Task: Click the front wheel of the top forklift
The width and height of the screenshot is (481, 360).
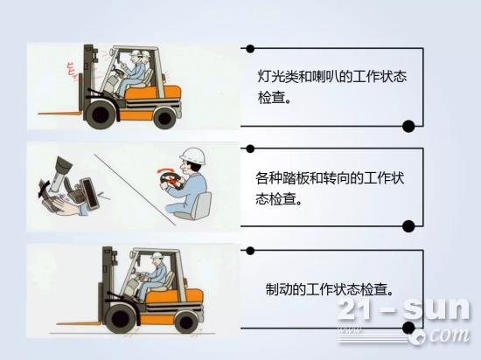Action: tap(101, 114)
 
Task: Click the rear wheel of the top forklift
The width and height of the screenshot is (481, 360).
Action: tap(164, 117)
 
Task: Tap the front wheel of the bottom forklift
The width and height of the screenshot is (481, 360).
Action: tap(120, 319)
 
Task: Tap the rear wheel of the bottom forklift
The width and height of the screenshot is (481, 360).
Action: tap(185, 322)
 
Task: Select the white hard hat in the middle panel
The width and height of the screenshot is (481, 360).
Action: tap(192, 156)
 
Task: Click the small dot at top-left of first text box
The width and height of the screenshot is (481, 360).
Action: tap(250, 48)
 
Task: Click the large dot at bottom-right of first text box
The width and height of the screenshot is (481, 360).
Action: tap(408, 126)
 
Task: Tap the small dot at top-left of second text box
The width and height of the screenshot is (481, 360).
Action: tap(250, 149)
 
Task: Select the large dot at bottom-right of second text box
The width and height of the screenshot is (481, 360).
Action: tap(408, 226)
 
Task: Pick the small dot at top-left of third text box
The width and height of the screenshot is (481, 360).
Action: tap(250, 251)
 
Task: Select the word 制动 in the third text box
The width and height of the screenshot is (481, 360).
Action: tap(279, 289)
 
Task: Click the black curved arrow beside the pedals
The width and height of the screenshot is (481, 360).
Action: tap(44, 188)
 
